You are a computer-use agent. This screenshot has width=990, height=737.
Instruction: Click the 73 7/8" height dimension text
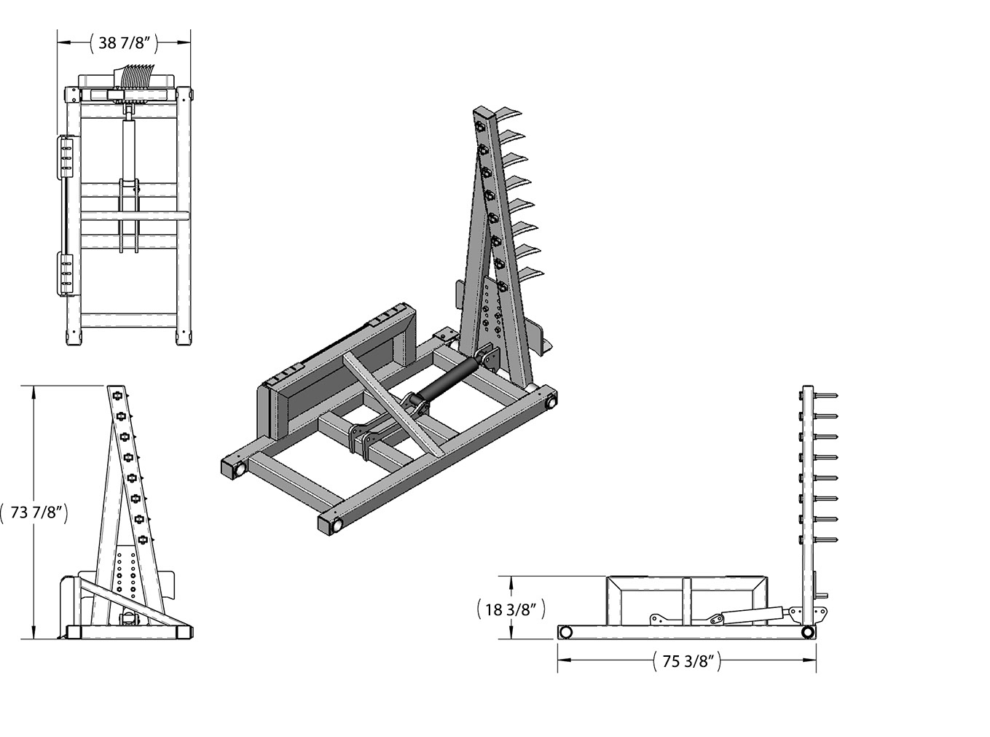pyautogui.click(x=35, y=512)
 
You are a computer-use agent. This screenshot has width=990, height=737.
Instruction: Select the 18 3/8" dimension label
pyautogui.click(x=511, y=609)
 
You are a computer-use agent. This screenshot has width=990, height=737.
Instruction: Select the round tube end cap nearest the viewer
pyautogui.click(x=337, y=524)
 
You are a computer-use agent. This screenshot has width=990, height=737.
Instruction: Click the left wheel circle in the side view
pyautogui.click(x=566, y=633)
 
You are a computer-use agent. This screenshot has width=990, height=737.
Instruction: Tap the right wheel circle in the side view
pyautogui.click(x=807, y=633)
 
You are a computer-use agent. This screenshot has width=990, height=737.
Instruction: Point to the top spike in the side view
pyautogui.click(x=825, y=395)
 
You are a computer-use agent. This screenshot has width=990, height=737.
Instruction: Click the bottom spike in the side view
pyautogui.click(x=825, y=539)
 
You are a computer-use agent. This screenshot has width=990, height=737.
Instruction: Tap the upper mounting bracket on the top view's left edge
pyautogui.click(x=65, y=157)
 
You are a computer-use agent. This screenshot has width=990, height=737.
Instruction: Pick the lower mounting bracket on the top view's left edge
pyautogui.click(x=65, y=274)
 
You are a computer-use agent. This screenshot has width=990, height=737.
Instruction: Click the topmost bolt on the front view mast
pyautogui.click(x=118, y=395)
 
